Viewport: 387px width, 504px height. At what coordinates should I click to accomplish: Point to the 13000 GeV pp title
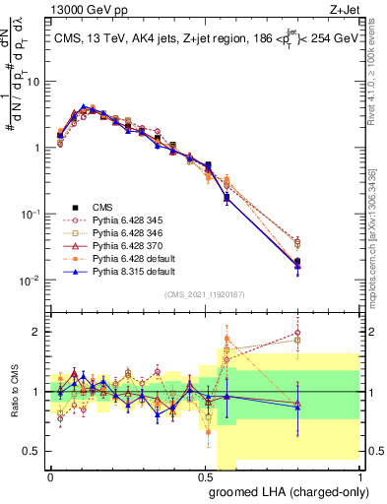tap(87, 9)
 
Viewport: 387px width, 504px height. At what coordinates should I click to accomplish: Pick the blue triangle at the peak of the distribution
tap(83, 106)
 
